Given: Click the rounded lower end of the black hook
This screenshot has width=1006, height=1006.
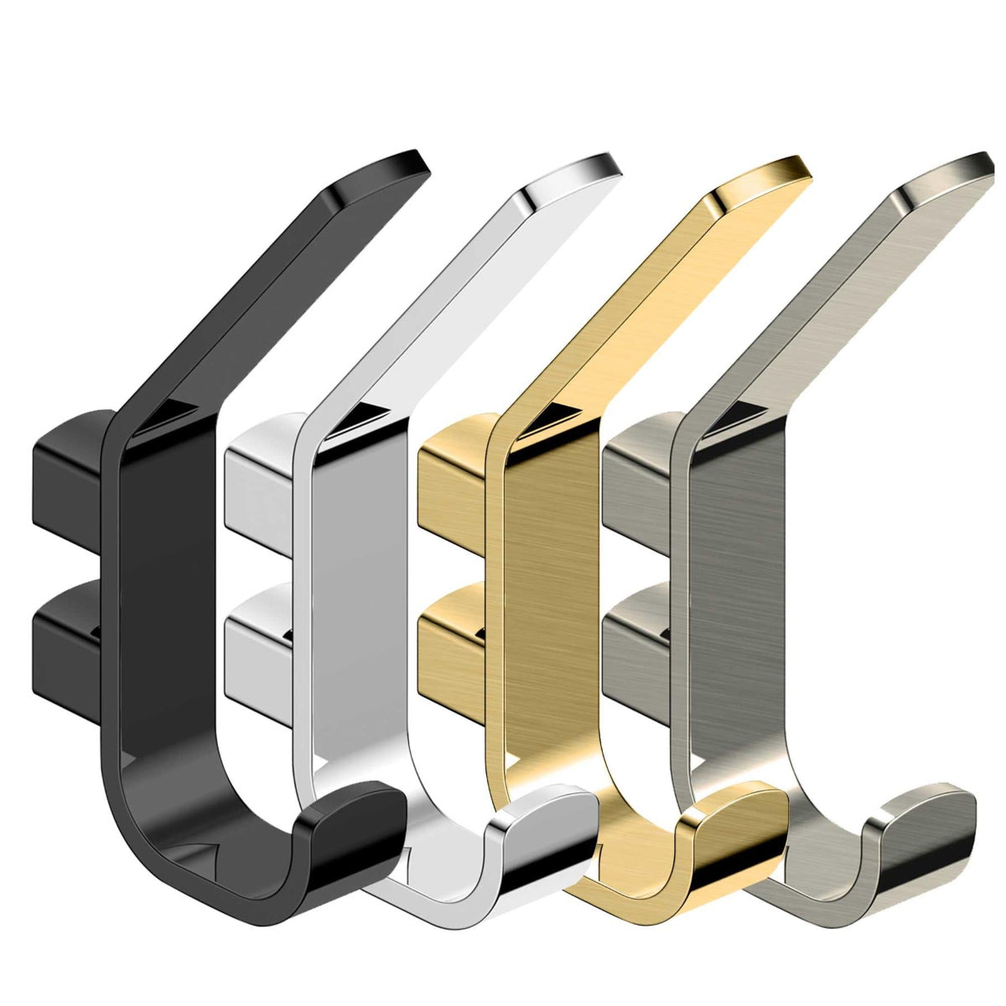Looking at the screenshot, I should point(352,830).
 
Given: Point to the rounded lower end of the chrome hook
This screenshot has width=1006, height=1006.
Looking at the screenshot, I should point(545,830).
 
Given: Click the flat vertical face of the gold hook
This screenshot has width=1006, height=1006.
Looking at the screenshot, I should point(553,587).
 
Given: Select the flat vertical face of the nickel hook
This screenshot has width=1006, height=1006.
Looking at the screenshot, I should point(738,587).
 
